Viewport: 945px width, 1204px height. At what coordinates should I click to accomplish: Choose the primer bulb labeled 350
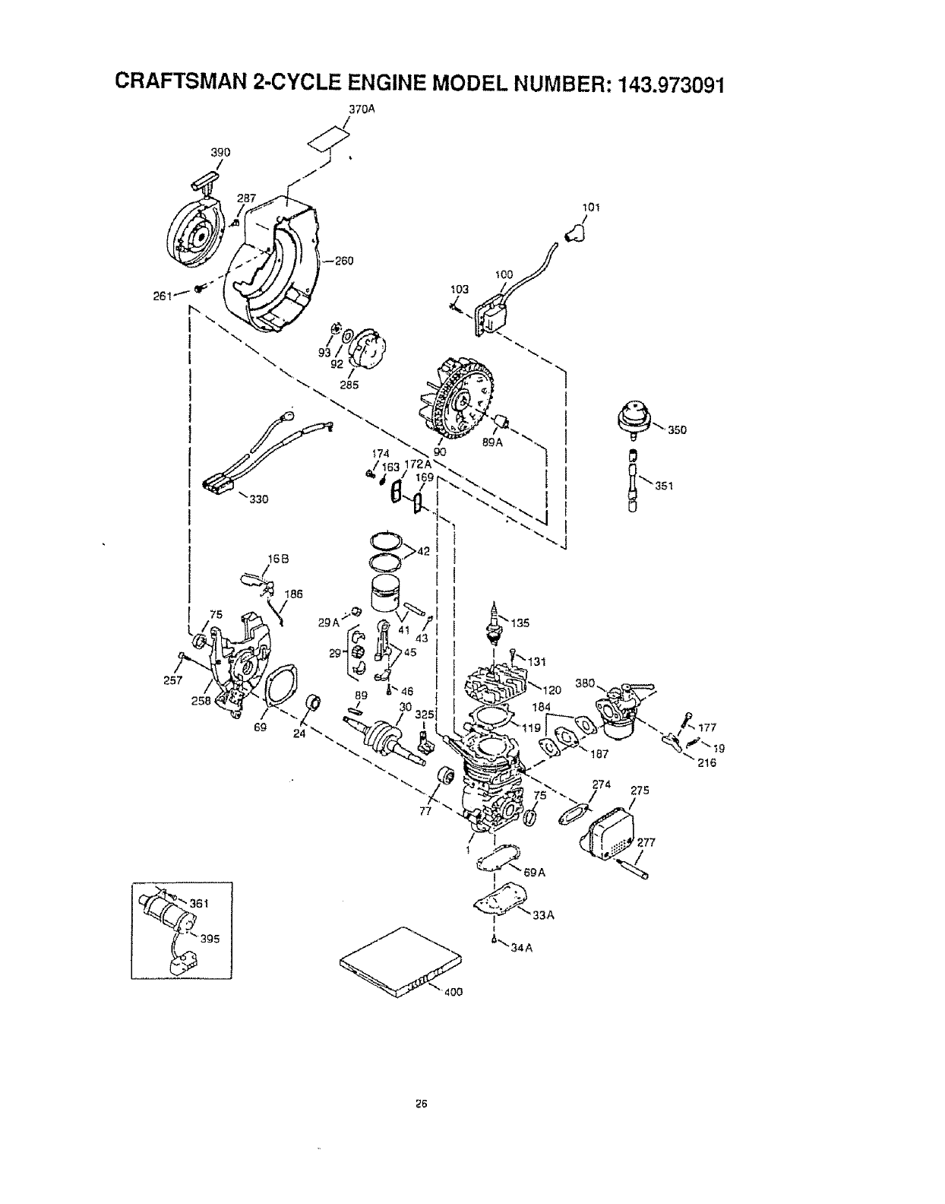click(635, 420)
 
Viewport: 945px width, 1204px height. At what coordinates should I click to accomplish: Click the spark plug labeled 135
click(495, 619)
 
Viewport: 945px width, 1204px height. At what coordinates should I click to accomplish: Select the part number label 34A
click(517, 947)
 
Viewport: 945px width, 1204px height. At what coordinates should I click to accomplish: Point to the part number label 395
click(210, 938)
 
